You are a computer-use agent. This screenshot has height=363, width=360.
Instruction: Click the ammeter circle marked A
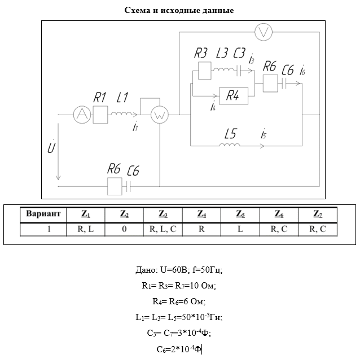82,115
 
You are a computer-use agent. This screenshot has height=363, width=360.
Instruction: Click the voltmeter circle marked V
263,33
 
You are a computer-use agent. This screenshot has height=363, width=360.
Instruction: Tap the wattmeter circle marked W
160,115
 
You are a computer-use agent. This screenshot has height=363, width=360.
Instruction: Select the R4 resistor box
232,95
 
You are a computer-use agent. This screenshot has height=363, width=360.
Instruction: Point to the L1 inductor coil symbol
120,115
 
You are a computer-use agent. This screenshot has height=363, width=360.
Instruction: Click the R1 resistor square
100,115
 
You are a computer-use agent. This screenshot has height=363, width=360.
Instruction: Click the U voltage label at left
51,148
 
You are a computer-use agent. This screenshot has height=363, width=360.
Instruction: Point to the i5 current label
264,135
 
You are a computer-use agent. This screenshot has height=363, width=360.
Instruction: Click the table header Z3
163,214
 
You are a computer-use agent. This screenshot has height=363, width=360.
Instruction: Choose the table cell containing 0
124,229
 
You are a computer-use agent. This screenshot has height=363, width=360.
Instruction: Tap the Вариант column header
43,214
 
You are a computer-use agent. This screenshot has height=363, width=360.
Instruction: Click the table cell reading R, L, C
163,229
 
